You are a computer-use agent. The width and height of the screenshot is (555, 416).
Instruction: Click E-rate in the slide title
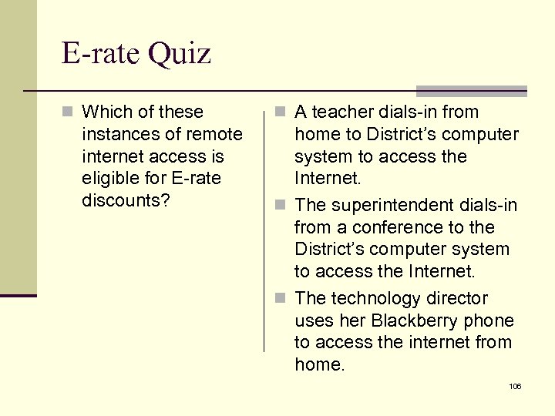pyautogui.click(x=99, y=53)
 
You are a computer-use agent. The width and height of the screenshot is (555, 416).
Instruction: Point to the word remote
pyautogui.click(x=215, y=135)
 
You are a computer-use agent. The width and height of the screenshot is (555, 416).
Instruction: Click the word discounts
pyautogui.click(x=125, y=201)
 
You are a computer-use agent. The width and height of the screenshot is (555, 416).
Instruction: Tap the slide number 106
pyautogui.click(x=515, y=386)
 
